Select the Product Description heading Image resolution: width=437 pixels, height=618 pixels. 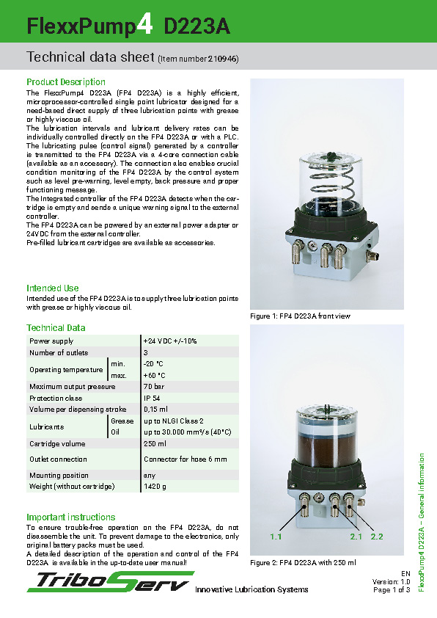pos(66,82)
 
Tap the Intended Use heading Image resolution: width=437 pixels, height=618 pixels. pos(53,288)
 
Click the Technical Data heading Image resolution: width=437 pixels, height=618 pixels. pos(56,328)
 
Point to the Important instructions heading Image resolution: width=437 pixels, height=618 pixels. pos(71,517)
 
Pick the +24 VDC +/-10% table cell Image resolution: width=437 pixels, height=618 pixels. pos(170,341)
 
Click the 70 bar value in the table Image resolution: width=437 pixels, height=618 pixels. pos(153,387)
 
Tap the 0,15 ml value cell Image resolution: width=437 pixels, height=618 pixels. pos(155,409)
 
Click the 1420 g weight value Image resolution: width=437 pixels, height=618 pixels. pos(155,487)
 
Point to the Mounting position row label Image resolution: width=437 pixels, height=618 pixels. pos(59,476)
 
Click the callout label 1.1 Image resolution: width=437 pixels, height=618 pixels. pos(276,537)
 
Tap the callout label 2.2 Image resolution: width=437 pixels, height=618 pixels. pos(377,537)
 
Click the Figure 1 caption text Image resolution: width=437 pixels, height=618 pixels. pos(301,316)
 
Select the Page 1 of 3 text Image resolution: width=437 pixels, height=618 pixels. pos(392,589)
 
